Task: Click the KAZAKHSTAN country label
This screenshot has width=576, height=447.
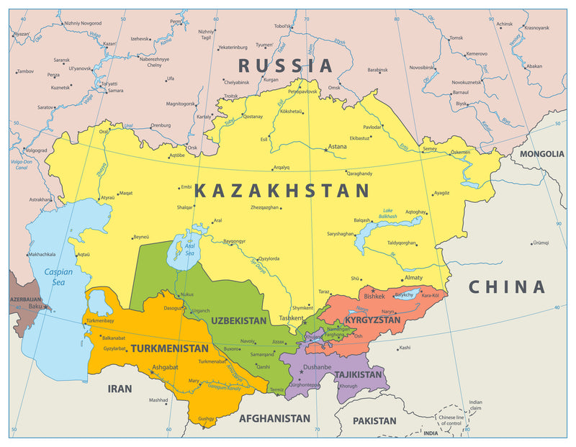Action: [x=282, y=191]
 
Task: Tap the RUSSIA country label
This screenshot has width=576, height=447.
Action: [x=286, y=66]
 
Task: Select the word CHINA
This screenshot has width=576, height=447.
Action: [x=507, y=287]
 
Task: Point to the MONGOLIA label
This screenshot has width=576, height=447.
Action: [x=541, y=153]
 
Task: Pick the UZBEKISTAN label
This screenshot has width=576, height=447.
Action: [x=238, y=320]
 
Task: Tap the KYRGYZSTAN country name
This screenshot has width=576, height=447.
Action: [x=372, y=320]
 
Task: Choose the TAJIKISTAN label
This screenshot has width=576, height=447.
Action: [x=358, y=374]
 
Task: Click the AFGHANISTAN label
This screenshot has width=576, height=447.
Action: [x=274, y=417]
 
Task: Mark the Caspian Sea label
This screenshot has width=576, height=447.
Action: [x=58, y=277]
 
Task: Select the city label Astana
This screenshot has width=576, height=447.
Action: [x=337, y=146]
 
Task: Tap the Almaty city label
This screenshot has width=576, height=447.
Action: [x=413, y=277]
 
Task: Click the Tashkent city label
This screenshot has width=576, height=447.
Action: [x=292, y=317]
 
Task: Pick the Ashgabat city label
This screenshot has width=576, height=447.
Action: [x=165, y=366]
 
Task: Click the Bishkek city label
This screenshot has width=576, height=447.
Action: [x=374, y=296]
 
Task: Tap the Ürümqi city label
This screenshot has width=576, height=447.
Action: [x=540, y=243]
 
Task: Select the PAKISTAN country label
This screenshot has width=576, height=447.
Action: [x=374, y=420]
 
